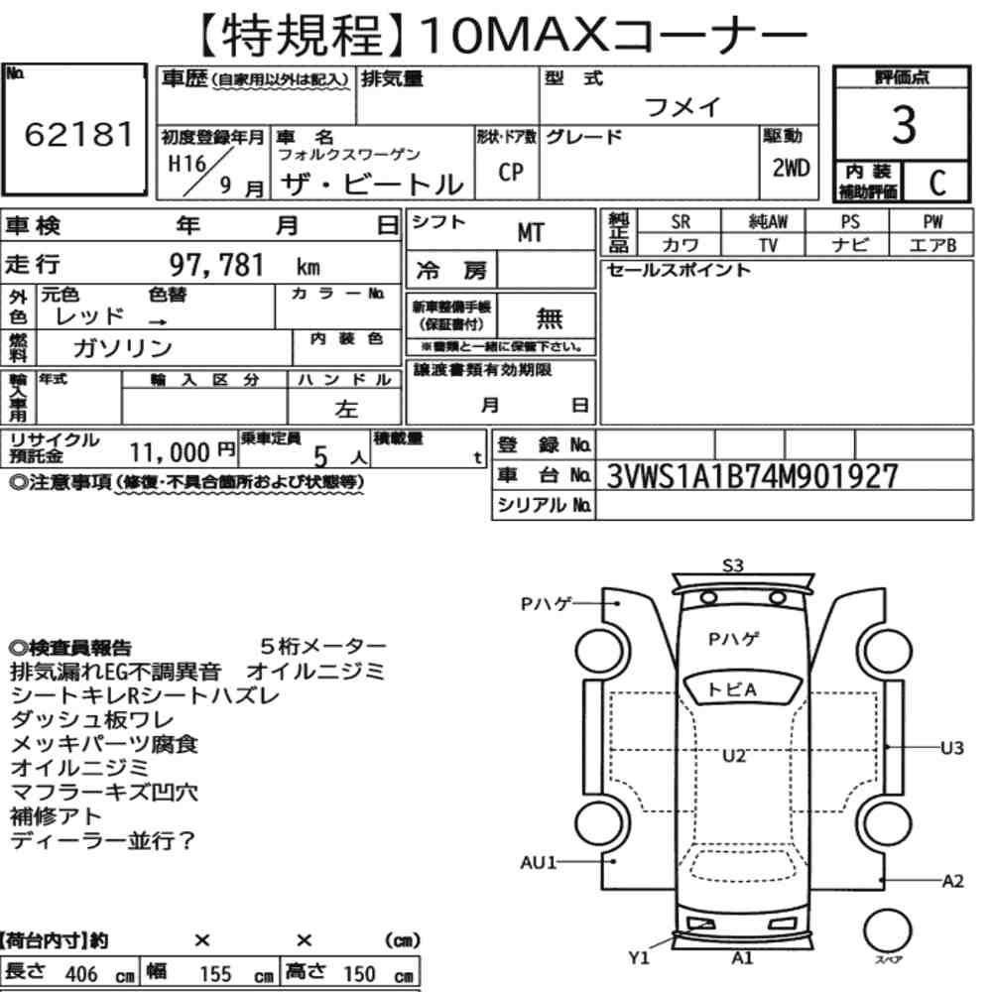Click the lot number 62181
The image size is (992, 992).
coord(79,134)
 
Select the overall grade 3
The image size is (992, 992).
coord(904,125)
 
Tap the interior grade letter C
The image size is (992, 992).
coord(937,183)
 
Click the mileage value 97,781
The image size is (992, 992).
coord(216,265)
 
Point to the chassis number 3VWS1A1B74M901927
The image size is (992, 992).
coord(752,476)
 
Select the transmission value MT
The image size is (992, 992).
coord(530,233)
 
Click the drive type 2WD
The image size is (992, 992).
coord(791,168)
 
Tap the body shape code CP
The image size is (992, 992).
coord(511,172)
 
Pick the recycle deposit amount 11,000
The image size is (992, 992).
coord(170,452)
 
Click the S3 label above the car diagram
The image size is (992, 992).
coord(733,565)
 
